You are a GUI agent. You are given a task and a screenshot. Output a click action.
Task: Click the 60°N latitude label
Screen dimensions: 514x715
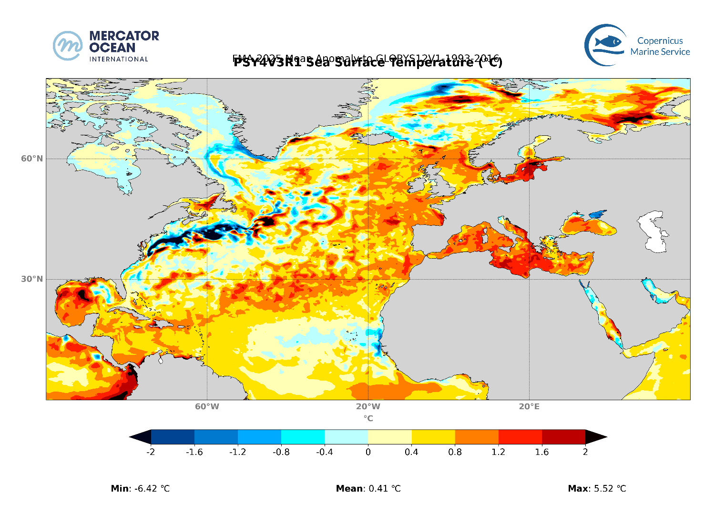(31, 159)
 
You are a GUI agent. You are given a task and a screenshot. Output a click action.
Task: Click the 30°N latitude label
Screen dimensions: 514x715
(31, 279)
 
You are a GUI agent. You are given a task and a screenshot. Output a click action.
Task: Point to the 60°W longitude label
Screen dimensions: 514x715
(207, 406)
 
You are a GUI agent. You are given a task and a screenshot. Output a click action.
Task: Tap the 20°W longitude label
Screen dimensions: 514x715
(368, 406)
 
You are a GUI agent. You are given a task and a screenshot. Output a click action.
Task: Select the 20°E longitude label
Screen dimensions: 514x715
(529, 406)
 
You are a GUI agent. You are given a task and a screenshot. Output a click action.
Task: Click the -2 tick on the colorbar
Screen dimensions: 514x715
(151, 452)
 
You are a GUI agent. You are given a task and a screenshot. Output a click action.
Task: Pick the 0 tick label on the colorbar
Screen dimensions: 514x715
(368, 452)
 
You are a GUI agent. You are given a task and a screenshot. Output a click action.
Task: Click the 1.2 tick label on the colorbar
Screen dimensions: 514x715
(498, 452)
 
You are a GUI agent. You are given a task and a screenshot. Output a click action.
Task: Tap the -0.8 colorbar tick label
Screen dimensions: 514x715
(281, 452)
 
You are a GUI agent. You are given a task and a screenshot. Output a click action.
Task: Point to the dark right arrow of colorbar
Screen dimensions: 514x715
(595, 437)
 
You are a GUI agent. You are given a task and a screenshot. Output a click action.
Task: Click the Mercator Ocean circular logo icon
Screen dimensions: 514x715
(67, 46)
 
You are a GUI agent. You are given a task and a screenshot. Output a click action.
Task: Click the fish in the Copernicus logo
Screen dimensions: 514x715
(609, 42)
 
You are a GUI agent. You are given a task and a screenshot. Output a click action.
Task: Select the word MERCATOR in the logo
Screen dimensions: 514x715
(124, 36)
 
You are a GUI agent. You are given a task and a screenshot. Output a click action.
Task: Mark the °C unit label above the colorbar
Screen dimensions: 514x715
(368, 418)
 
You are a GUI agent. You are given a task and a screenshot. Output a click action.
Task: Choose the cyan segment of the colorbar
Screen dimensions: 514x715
(303, 437)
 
